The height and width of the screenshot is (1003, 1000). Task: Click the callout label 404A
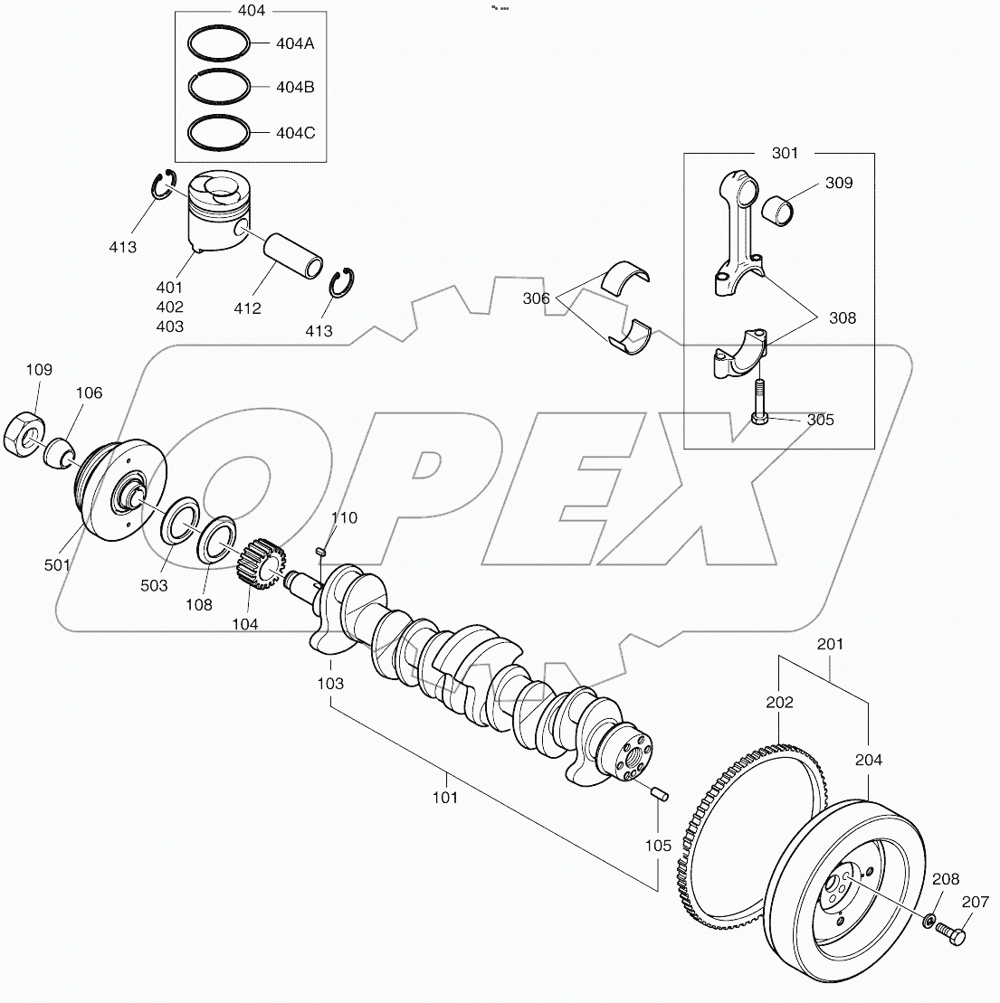point(295,43)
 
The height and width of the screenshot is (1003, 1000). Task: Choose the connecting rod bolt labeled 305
point(758,403)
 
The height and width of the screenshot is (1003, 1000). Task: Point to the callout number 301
point(785,153)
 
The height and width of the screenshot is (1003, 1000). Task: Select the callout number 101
point(445,798)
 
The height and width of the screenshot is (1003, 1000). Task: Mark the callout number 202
point(780,702)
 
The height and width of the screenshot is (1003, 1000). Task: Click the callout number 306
point(536,298)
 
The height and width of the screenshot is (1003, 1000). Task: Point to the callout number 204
point(868,761)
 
